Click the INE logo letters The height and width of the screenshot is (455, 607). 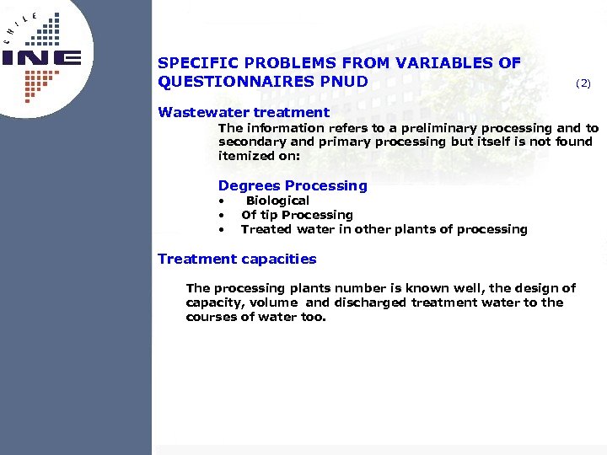(x=41, y=57)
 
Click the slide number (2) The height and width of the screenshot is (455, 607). (x=583, y=83)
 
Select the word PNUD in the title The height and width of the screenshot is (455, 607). (x=345, y=81)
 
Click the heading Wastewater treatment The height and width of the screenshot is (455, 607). (x=244, y=112)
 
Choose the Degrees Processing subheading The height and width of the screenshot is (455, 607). (x=293, y=185)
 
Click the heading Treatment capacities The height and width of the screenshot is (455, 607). (x=237, y=259)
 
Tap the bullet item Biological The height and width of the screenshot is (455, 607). (x=277, y=201)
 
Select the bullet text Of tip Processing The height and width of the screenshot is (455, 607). (x=297, y=215)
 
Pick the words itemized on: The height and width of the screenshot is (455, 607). (x=246, y=156)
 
